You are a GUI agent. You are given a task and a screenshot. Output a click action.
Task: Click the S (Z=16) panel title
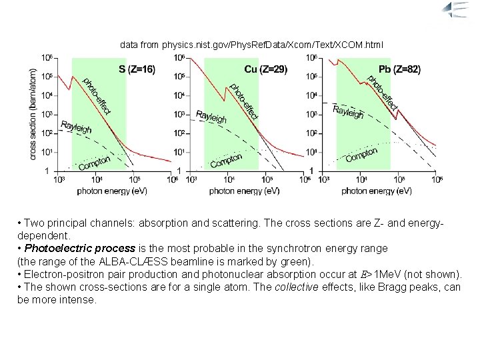coord(137,69)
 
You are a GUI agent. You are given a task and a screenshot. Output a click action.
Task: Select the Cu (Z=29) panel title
coord(265,69)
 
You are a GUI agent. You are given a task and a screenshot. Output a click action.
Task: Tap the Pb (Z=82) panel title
coord(399,69)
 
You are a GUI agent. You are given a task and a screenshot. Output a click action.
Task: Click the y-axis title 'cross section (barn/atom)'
coord(33,111)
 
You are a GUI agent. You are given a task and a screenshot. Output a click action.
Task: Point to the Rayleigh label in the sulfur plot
coord(76,127)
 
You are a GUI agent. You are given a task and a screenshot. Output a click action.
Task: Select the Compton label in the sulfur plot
coord(94,161)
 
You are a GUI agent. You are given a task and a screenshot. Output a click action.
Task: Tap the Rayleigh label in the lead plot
coord(348,112)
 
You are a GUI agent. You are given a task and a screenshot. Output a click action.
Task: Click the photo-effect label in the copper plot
coord(243,101)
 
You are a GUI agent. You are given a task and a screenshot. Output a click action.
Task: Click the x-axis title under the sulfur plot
coord(112,191)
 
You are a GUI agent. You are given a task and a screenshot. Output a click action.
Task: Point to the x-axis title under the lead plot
coord(377,191)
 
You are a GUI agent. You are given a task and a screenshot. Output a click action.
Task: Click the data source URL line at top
coord(251,45)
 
